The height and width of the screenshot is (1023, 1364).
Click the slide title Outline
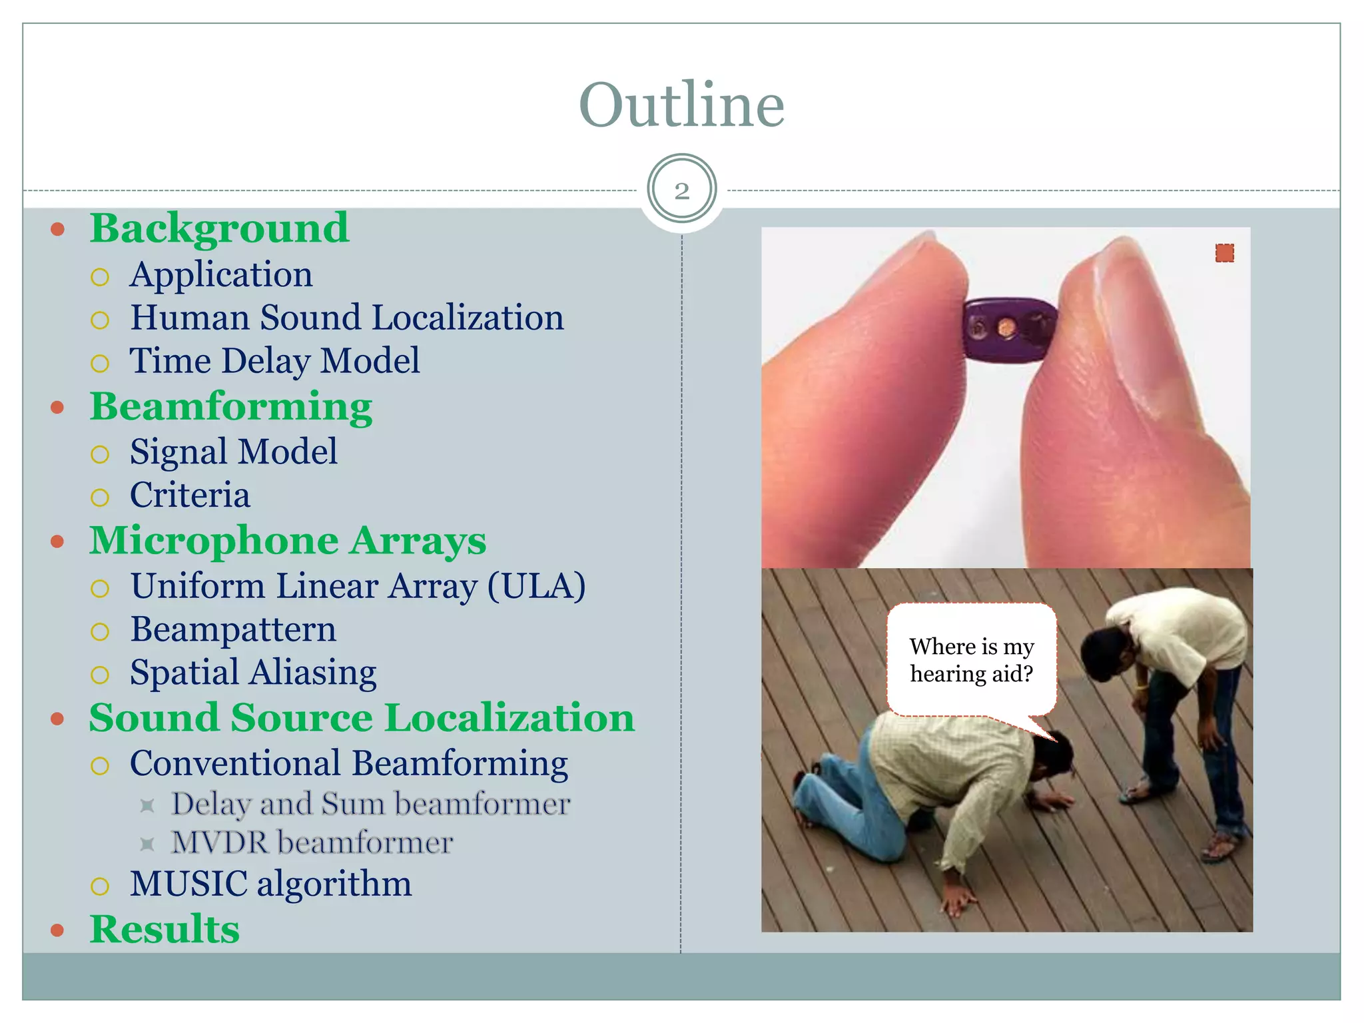tap(681, 105)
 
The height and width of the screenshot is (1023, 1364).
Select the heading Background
tap(219, 228)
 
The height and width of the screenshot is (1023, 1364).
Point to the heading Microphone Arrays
tap(288, 540)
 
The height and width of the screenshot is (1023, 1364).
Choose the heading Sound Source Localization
tap(362, 718)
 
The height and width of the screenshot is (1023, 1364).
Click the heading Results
tap(165, 929)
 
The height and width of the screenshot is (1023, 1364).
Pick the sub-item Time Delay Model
tap(274, 361)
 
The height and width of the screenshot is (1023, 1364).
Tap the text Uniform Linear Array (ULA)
tap(358, 586)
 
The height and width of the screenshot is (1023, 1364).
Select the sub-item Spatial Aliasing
tap(253, 673)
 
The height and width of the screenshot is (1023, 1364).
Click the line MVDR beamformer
tap(312, 843)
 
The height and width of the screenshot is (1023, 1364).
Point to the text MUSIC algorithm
tap(270, 884)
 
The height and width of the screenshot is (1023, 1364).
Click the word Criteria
tap(190, 496)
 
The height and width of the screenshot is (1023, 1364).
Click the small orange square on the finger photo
tap(1224, 253)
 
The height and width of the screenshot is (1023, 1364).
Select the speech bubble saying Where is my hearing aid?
tap(971, 660)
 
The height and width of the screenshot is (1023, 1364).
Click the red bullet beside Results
tap(58, 930)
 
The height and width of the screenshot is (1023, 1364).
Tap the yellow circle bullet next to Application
tap(100, 277)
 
